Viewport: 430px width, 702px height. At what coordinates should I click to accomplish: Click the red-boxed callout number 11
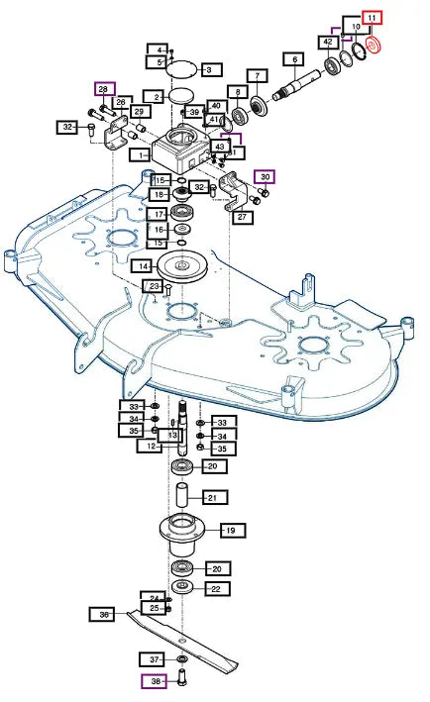372,19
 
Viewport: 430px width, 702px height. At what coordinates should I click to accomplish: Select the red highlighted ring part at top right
373,46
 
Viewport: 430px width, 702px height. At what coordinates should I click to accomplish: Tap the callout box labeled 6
294,59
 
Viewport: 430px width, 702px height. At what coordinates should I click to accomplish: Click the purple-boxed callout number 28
104,89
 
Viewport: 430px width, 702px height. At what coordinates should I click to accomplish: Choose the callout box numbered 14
143,266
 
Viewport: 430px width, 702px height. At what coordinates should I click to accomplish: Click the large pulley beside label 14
182,266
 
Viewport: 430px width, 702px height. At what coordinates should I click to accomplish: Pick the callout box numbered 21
215,497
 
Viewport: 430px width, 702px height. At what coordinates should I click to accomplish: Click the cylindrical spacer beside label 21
182,495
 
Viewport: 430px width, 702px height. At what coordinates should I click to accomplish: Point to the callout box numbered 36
102,615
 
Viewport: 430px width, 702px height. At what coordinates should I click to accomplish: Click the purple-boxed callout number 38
155,681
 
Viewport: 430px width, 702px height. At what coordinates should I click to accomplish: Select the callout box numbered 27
242,217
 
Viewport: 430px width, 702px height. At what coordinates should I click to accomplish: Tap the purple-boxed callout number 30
265,177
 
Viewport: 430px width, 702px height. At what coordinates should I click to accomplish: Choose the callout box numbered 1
140,155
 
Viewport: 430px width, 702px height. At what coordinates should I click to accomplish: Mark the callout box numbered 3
211,70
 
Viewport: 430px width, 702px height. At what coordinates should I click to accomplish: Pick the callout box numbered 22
217,589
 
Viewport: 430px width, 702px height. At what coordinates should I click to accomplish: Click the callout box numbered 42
328,43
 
